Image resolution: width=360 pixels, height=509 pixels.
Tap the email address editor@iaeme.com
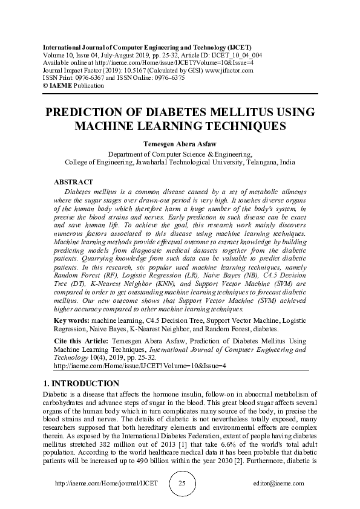[x=279, y=484]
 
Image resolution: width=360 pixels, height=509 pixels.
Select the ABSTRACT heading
[x=73, y=182]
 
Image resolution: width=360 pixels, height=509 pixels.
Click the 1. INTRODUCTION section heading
[x=82, y=384]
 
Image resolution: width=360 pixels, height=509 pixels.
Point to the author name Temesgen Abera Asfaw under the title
[x=180, y=144]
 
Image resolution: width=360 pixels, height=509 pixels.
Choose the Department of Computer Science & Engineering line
[x=180, y=154]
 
